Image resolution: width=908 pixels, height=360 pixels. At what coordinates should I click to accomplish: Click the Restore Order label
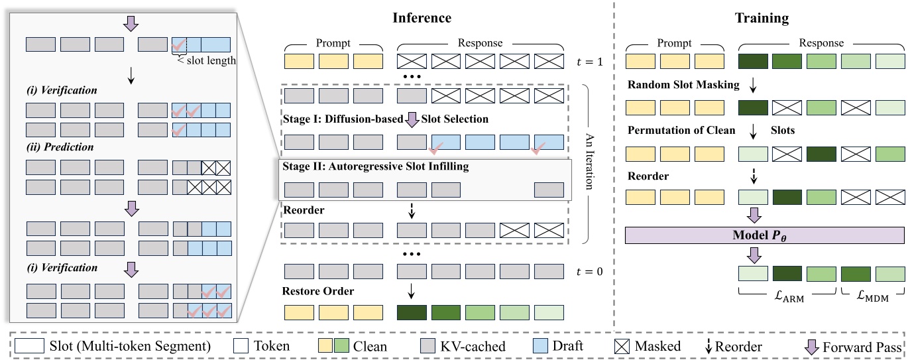point(319,290)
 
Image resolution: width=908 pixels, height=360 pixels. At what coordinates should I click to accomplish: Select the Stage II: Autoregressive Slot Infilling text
point(376,167)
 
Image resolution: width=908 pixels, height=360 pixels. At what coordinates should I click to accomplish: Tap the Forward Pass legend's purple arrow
point(812,346)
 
